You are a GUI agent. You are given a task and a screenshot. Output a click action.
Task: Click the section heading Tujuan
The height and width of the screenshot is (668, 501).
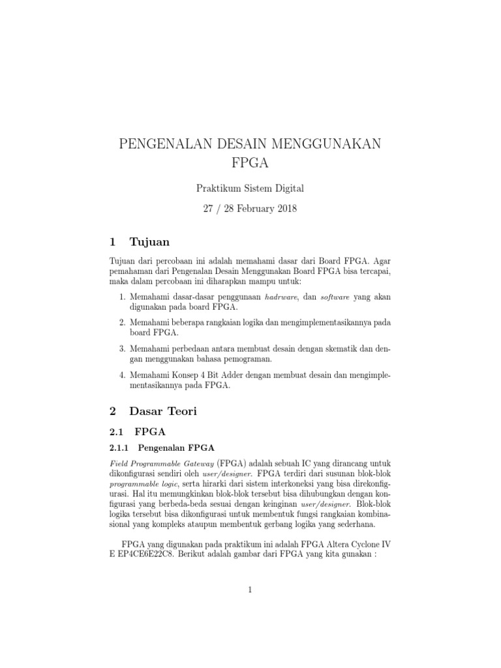[149, 243]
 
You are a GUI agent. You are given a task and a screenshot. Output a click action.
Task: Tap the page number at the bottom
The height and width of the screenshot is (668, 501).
[250, 590]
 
